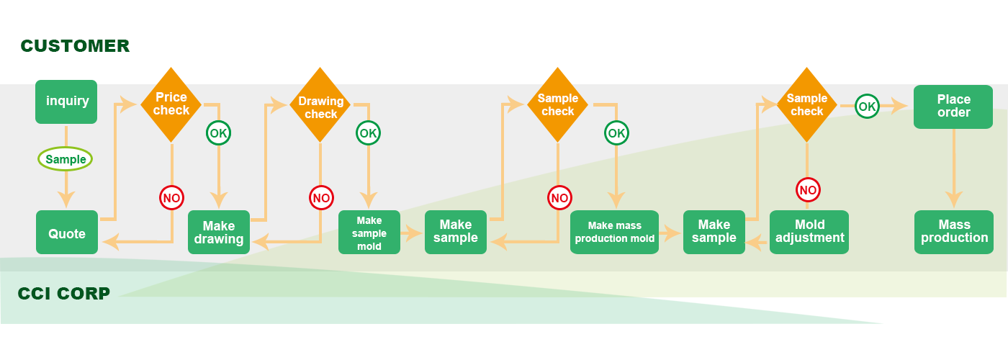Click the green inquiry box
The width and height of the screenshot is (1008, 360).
point(66,102)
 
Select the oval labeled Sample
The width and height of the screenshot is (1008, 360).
point(65,159)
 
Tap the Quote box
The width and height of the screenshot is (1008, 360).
point(66,233)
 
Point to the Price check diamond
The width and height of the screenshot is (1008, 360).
point(171,104)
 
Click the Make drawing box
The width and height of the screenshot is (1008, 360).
point(219,233)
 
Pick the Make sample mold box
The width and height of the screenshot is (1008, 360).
point(369,233)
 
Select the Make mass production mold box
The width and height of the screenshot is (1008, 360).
point(615,233)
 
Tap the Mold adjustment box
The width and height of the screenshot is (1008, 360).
point(809,232)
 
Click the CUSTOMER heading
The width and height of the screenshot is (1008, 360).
point(75,46)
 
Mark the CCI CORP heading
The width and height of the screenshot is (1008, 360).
point(64,293)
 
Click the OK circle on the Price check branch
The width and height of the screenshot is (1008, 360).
point(219,133)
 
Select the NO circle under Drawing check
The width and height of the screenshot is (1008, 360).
point(321,197)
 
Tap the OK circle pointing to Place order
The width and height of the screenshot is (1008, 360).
point(868,107)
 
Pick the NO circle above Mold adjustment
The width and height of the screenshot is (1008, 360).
point(808,190)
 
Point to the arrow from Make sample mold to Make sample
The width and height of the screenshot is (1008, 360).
point(413,233)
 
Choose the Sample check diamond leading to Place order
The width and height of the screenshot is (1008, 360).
point(806,105)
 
